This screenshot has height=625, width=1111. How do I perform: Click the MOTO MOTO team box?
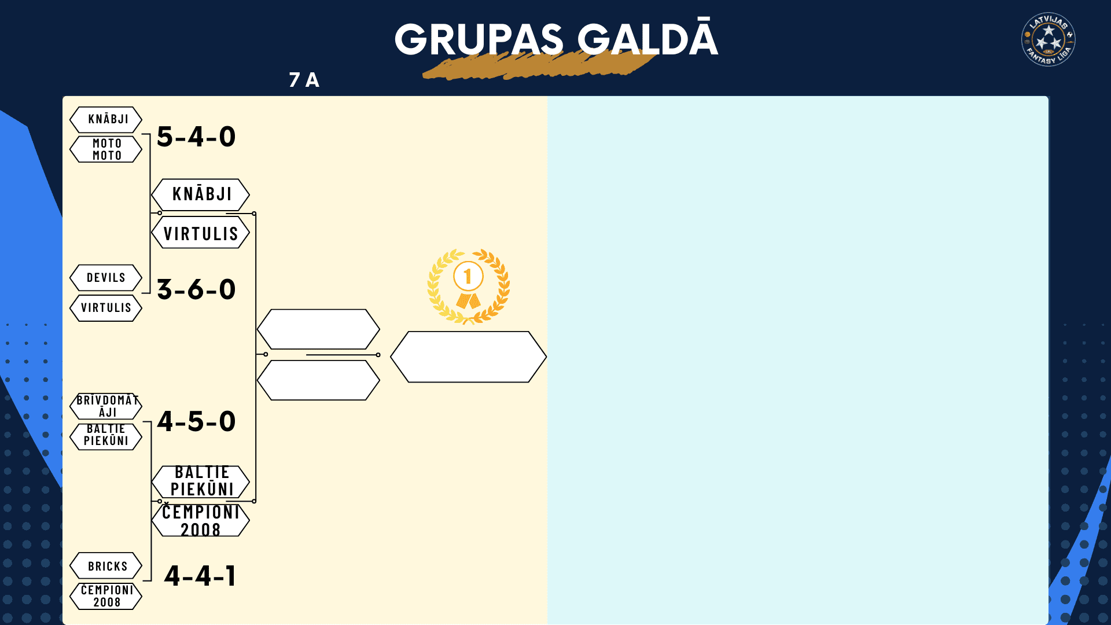(x=106, y=149)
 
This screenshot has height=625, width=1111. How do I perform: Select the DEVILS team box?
(x=106, y=278)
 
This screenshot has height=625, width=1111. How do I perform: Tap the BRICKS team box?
(x=106, y=566)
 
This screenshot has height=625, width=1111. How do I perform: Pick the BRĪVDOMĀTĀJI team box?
(x=106, y=406)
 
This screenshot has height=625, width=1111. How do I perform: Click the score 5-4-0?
(x=196, y=137)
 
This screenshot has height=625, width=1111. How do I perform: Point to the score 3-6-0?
(x=196, y=289)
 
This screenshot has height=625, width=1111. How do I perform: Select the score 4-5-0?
(x=196, y=421)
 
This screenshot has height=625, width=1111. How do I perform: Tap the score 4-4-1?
(x=200, y=576)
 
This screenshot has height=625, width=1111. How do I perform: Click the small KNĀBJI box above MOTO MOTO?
(x=106, y=120)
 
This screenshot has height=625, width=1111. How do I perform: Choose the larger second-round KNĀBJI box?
(x=201, y=194)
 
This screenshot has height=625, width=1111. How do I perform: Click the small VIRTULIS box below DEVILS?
(x=106, y=308)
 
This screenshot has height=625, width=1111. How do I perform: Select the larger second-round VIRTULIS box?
(x=201, y=233)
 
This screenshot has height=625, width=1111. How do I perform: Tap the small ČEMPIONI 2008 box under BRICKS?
(x=106, y=596)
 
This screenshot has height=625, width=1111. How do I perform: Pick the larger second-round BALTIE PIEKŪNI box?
(x=201, y=481)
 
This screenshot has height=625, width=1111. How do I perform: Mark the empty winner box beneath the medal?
(x=469, y=357)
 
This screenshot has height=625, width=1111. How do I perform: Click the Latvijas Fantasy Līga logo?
(x=1049, y=39)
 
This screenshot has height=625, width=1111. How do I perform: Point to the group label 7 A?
(x=304, y=80)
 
